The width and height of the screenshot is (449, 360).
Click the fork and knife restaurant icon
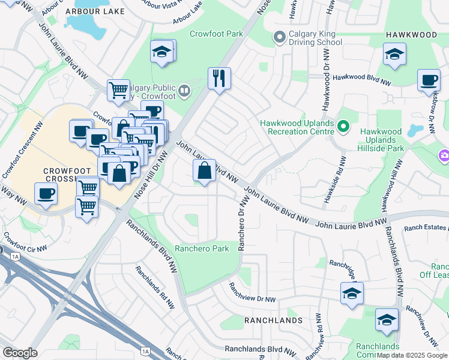coord(219,78)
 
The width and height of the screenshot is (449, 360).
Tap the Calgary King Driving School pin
coord(279,37)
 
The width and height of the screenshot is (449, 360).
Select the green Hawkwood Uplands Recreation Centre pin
coord(343,127)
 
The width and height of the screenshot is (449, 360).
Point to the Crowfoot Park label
coord(216,34)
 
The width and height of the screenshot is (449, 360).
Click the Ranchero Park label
coord(202,248)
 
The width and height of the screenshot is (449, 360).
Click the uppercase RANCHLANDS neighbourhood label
coord(273,320)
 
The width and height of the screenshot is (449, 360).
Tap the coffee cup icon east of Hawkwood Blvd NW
coord(429,80)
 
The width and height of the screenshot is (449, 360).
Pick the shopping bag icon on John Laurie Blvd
coord(205,170)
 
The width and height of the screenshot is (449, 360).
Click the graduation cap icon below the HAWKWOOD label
coord(394,55)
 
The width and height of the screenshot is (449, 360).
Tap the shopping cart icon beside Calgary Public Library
coord(118,90)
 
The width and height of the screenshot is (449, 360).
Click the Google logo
coord(19,353)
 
